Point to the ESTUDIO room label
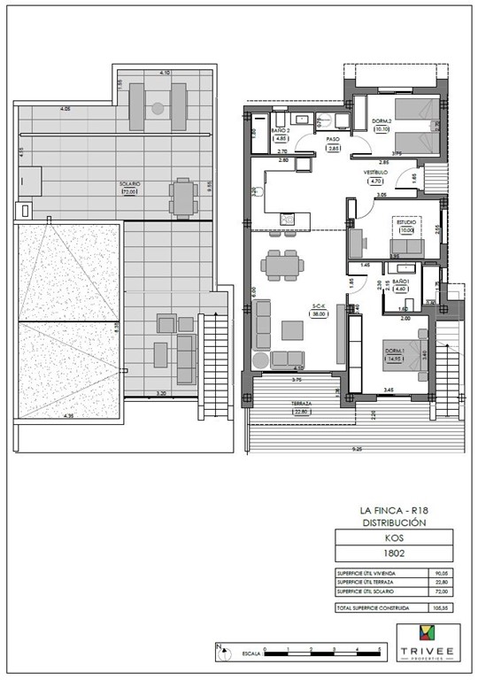point(406,222)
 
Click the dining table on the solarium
point(182,197)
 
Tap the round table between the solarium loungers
point(158,108)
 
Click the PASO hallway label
point(333,140)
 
